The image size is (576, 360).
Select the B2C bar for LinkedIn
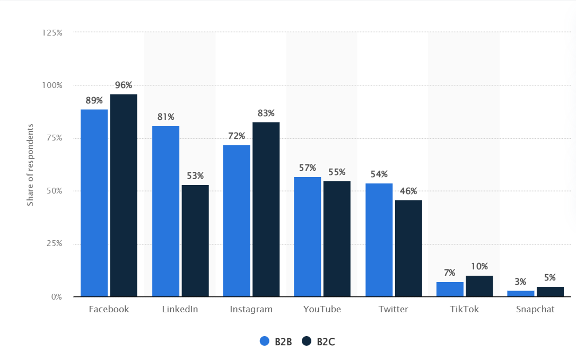(195, 241)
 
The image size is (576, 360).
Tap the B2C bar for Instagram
(266, 209)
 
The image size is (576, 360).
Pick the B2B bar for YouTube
(307, 237)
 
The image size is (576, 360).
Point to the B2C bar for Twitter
(408, 248)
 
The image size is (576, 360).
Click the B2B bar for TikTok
(450, 289)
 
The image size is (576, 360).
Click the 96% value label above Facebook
(124, 85)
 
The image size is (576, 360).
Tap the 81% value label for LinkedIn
(165, 117)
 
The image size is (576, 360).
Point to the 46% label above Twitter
(408, 191)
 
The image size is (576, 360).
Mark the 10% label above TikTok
(479, 266)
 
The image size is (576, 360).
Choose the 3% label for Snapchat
(521, 281)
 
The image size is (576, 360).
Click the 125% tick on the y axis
(53, 32)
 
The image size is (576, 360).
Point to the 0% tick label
(57, 297)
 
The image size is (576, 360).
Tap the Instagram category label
(251, 309)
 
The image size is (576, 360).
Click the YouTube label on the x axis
(322, 309)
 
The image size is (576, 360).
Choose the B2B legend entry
(276, 342)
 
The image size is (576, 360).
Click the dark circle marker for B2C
(307, 341)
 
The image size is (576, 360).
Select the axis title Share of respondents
(30, 165)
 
